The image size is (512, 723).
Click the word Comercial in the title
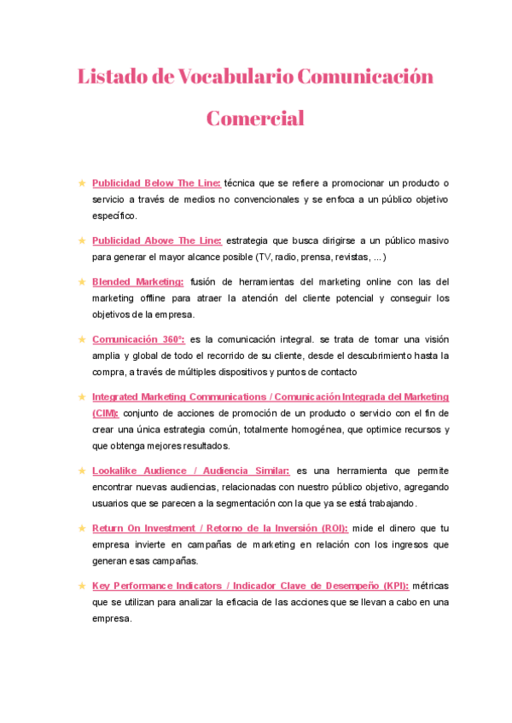click(x=255, y=118)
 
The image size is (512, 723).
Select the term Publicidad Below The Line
click(x=156, y=183)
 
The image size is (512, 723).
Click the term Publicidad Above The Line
click(x=156, y=240)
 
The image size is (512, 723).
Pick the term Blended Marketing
click(x=137, y=281)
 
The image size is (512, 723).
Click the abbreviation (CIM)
click(x=106, y=413)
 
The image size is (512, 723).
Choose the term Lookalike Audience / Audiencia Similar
click(x=191, y=471)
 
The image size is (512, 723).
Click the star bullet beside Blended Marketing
click(x=81, y=281)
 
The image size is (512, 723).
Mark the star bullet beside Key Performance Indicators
click(x=81, y=586)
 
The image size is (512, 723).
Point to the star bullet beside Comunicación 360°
click(x=81, y=338)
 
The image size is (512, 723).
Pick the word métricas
click(x=430, y=586)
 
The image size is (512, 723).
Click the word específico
click(x=113, y=217)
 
